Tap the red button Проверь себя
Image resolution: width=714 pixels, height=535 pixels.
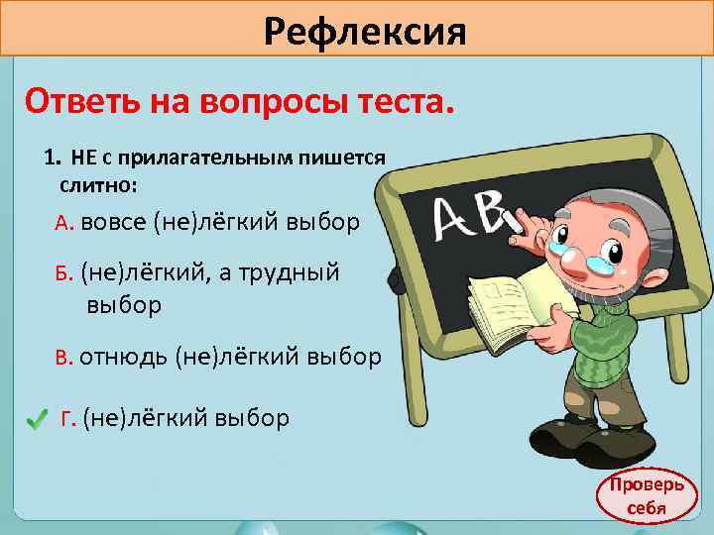[x=646, y=498]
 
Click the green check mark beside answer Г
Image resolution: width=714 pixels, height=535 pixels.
[x=37, y=421]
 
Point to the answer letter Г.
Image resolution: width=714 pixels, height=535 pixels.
[x=68, y=419]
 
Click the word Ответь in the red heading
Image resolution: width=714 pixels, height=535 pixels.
[x=84, y=99]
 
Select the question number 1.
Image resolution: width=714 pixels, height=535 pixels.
[x=51, y=159]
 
